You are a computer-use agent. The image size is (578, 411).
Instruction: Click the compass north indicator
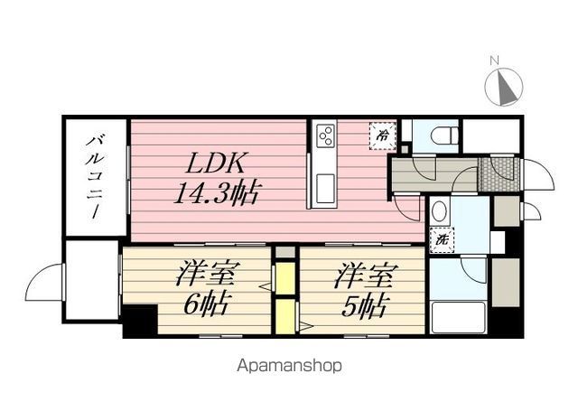(x=503, y=87)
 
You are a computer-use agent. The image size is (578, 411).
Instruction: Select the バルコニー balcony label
(x=95, y=175)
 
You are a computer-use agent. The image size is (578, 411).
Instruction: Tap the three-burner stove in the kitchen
(x=324, y=137)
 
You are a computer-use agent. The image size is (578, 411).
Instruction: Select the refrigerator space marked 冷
(x=382, y=135)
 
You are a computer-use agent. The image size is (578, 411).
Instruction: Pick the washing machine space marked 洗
(x=443, y=242)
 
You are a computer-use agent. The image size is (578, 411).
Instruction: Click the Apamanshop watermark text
(x=289, y=367)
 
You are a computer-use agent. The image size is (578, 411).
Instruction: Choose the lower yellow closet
(x=285, y=316)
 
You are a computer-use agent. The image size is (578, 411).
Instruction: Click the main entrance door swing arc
(x=538, y=173)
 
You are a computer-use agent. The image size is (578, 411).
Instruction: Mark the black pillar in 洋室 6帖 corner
(x=138, y=322)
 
